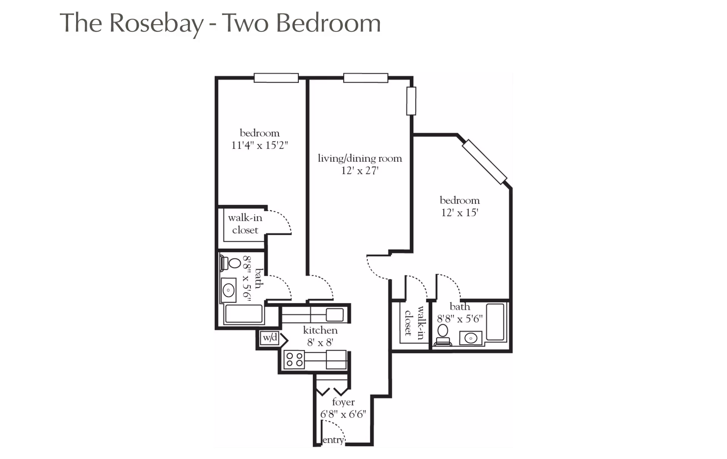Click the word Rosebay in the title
click(x=156, y=23)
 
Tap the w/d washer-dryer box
click(x=270, y=338)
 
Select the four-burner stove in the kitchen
click(x=295, y=359)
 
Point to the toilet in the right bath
click(x=443, y=335)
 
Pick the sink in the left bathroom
click(x=228, y=290)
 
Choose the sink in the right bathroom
click(x=471, y=338)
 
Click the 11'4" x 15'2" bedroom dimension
click(x=260, y=145)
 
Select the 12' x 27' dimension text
click(x=360, y=171)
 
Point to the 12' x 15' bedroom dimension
click(x=460, y=212)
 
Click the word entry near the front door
click(x=333, y=440)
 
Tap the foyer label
click(x=343, y=402)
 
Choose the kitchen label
click(x=320, y=330)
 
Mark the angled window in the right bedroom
click(x=484, y=162)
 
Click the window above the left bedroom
click(x=276, y=78)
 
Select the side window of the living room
click(x=411, y=101)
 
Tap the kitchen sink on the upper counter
click(x=335, y=315)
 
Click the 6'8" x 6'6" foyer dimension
click(x=343, y=414)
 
